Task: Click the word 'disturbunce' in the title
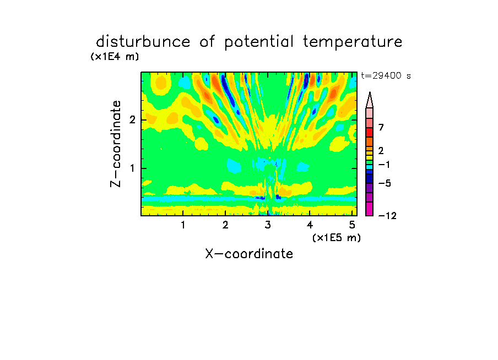143,42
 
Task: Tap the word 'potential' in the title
258,42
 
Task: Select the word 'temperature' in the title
353,42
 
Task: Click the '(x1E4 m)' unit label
115,57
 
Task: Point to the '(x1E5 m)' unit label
337,237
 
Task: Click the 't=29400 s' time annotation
386,75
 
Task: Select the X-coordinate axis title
249,254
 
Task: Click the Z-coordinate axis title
116,144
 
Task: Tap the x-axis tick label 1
183,225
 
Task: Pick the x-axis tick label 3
268,225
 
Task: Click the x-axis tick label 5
352,225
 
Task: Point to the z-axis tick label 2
132,120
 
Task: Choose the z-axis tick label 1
132,168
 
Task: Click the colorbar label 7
381,127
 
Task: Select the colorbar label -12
387,216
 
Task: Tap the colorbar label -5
385,183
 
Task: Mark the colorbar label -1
383,165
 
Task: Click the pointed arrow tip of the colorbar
370,92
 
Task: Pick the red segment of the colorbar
370,132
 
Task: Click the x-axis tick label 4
310,225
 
